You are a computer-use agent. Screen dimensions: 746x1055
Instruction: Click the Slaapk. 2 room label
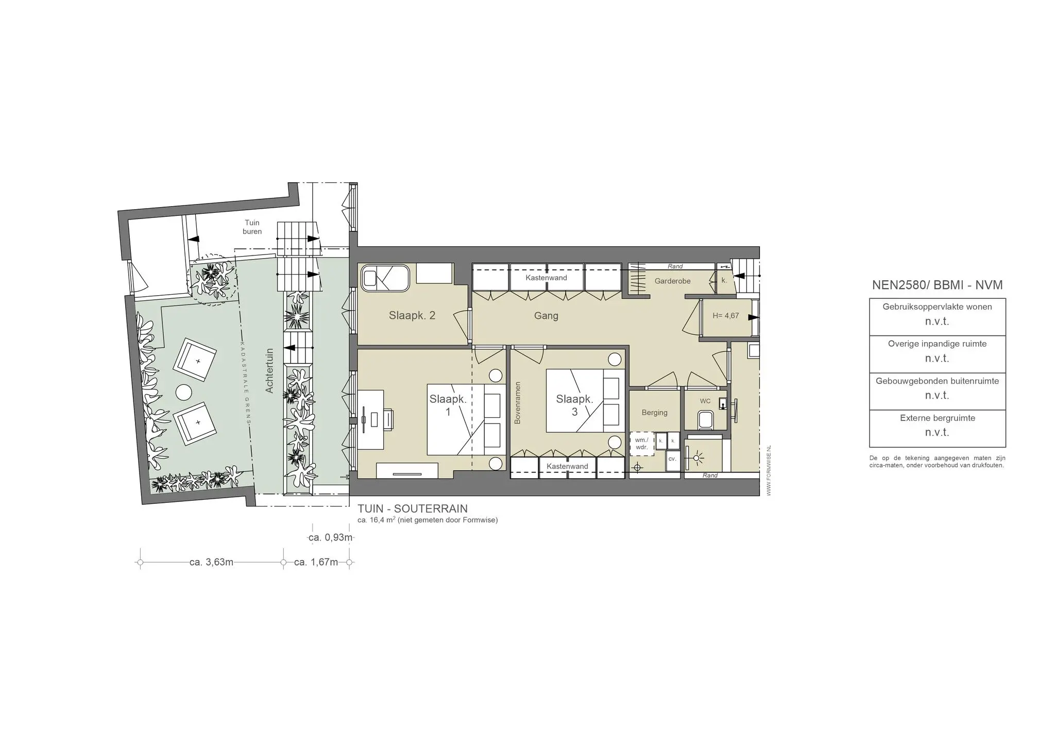(412, 315)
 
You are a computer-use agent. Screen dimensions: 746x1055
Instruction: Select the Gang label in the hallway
(546, 316)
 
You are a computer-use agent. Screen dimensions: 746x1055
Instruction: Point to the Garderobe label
(672, 281)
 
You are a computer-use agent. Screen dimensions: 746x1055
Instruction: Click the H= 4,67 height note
(725, 316)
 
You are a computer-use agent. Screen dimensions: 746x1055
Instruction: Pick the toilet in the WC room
(705, 419)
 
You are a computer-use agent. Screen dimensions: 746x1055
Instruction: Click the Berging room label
(654, 413)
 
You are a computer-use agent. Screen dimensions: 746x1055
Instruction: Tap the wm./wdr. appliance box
(641, 444)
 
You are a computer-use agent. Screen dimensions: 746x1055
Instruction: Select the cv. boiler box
(672, 459)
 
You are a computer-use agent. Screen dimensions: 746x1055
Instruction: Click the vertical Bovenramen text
(518, 403)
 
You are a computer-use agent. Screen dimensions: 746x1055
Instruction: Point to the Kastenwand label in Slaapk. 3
(567, 466)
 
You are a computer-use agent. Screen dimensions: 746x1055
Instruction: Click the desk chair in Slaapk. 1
(387, 418)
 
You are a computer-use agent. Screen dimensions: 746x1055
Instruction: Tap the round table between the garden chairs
(184, 393)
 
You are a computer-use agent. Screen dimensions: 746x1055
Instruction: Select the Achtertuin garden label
(269, 371)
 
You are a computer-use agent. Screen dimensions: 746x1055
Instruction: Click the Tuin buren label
(252, 227)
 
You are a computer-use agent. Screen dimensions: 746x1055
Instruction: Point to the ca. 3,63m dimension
(211, 562)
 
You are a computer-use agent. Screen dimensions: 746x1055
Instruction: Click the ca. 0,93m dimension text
(330, 538)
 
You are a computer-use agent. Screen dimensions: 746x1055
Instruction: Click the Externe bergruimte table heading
(937, 418)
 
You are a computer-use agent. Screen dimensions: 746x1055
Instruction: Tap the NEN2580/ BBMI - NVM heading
(937, 285)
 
